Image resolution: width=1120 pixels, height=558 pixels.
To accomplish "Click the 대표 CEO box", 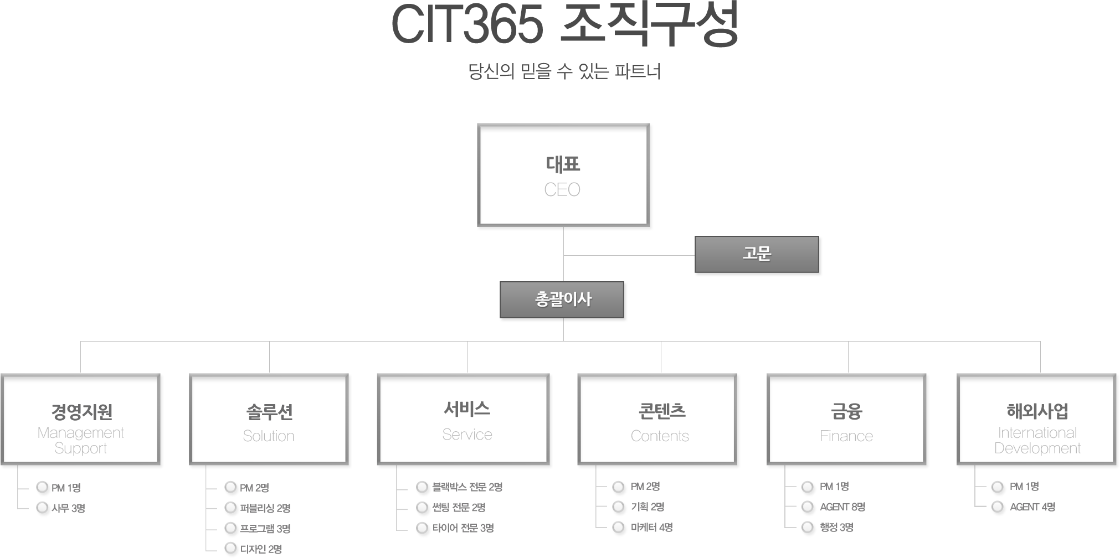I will (x=564, y=175).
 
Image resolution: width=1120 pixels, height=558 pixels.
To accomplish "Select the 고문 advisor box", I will (x=757, y=254).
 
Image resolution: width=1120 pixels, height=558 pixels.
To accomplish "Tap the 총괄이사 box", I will (x=562, y=300).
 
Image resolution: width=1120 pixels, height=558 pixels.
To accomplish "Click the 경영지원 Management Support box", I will (x=81, y=419).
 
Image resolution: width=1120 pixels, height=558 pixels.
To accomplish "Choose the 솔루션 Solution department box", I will (x=269, y=419).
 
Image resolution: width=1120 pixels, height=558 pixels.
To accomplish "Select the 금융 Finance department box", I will (x=847, y=419).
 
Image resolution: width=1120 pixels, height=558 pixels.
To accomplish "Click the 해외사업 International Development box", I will (x=1036, y=419).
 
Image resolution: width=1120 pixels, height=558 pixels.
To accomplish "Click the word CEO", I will (x=562, y=190).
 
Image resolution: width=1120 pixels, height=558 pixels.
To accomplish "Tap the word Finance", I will (x=846, y=436).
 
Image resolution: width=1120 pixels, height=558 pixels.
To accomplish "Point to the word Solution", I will (x=269, y=436).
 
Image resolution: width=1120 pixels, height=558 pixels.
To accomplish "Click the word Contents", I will (x=660, y=436).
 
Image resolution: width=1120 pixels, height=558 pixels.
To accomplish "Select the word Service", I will (x=467, y=435).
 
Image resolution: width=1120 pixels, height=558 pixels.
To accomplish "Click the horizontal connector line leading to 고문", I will (x=628, y=255).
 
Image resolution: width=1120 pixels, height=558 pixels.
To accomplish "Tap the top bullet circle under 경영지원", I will (x=42, y=488).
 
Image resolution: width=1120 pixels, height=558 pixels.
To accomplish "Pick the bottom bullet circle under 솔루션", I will (x=231, y=548).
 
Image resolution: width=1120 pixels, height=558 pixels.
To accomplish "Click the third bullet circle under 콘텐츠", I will (x=618, y=528).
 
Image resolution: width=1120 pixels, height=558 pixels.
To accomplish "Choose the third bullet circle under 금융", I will (x=808, y=527).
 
